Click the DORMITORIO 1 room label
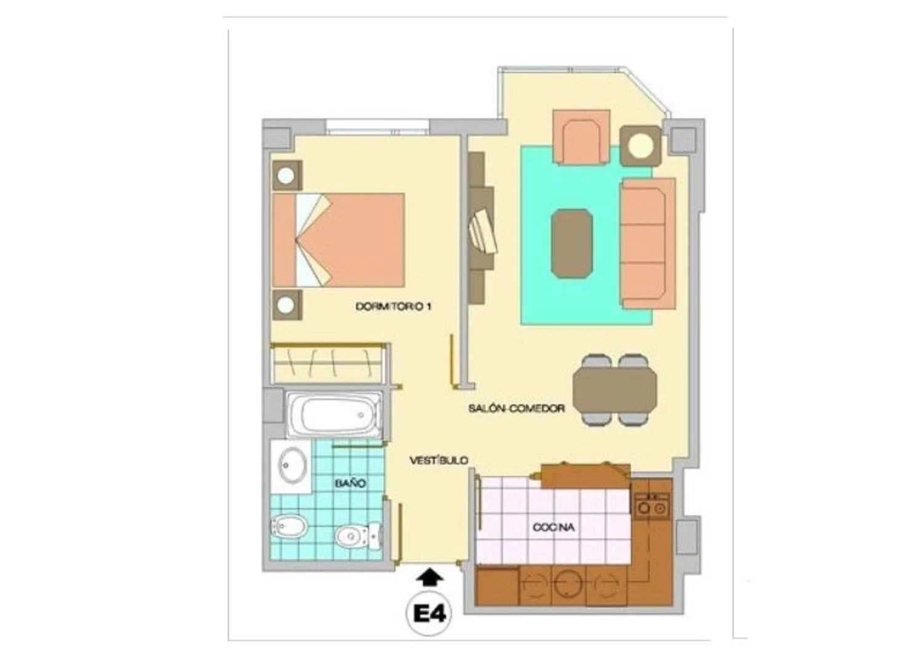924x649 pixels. [x=394, y=307]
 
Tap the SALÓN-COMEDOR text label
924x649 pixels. [x=516, y=409]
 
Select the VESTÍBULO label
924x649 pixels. [x=439, y=460]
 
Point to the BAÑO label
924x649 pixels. [x=351, y=483]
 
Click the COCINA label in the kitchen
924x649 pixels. [x=554, y=527]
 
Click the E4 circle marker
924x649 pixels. [x=429, y=615]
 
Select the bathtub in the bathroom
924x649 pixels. [x=334, y=414]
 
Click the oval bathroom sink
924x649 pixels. [x=293, y=466]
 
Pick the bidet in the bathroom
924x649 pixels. [x=289, y=526]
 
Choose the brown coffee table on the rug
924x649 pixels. [x=572, y=244]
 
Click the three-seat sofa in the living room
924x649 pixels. [x=647, y=244]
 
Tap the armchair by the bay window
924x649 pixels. [x=581, y=138]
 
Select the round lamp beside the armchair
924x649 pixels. [x=641, y=146]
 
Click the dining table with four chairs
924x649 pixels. [x=615, y=390]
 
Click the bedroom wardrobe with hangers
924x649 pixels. [x=328, y=363]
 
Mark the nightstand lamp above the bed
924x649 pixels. [x=287, y=175]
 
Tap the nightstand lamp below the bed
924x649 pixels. [x=287, y=305]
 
